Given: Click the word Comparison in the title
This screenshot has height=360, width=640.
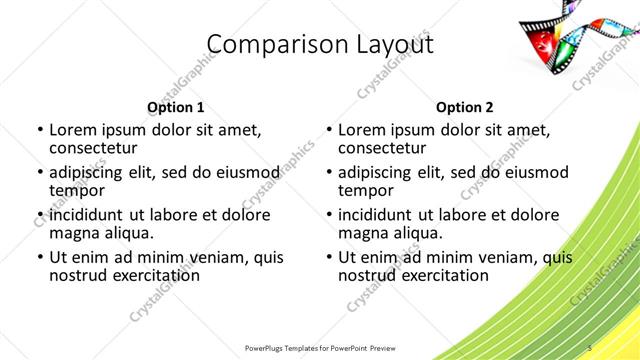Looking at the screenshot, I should (x=266, y=44).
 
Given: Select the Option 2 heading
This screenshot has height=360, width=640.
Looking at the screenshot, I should (x=464, y=107).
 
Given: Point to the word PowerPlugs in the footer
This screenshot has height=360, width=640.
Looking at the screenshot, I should (x=269, y=347).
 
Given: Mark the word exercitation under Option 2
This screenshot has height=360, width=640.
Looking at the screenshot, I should (x=442, y=275).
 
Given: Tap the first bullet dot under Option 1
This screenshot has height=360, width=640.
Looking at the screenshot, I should (x=38, y=130).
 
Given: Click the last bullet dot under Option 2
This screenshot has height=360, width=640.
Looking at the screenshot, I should (x=327, y=257).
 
